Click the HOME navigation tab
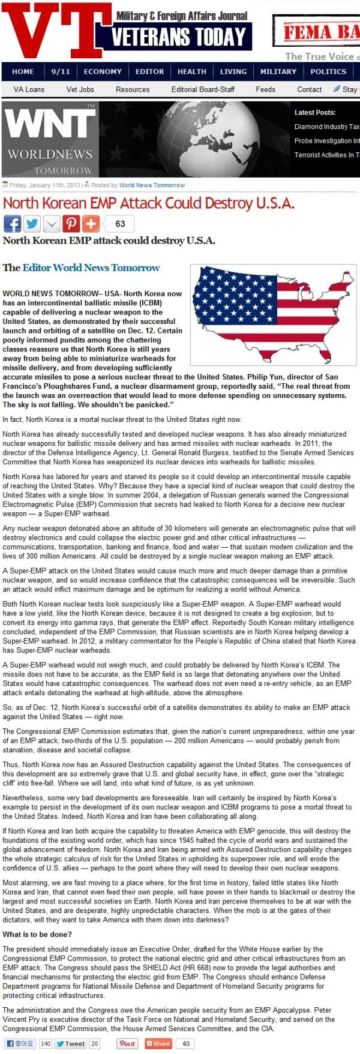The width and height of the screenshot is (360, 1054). point(23,71)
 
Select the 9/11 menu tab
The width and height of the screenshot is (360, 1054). point(61,71)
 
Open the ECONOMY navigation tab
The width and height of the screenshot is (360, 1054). point(103,71)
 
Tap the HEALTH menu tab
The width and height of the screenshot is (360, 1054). point(192,71)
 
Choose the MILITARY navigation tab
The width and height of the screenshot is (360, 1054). point(278,71)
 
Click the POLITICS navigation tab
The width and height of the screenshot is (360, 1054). point(328,71)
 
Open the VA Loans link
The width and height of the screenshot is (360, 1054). point(29,89)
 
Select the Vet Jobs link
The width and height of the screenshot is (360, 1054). point(80,89)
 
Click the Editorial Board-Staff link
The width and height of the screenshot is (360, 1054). point(203,89)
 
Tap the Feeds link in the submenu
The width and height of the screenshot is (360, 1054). point(266,89)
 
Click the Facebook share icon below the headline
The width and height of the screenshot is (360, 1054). point(12,224)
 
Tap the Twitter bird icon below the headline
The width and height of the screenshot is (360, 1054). point(32,224)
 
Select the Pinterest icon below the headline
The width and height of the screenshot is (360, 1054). point(71,224)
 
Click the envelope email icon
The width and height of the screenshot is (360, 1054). point(52,224)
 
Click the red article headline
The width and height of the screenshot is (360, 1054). point(149,203)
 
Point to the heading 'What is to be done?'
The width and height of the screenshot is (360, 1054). point(37,934)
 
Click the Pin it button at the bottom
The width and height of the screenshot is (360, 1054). point(127,1044)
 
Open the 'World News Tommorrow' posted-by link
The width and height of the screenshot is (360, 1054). point(152,185)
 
